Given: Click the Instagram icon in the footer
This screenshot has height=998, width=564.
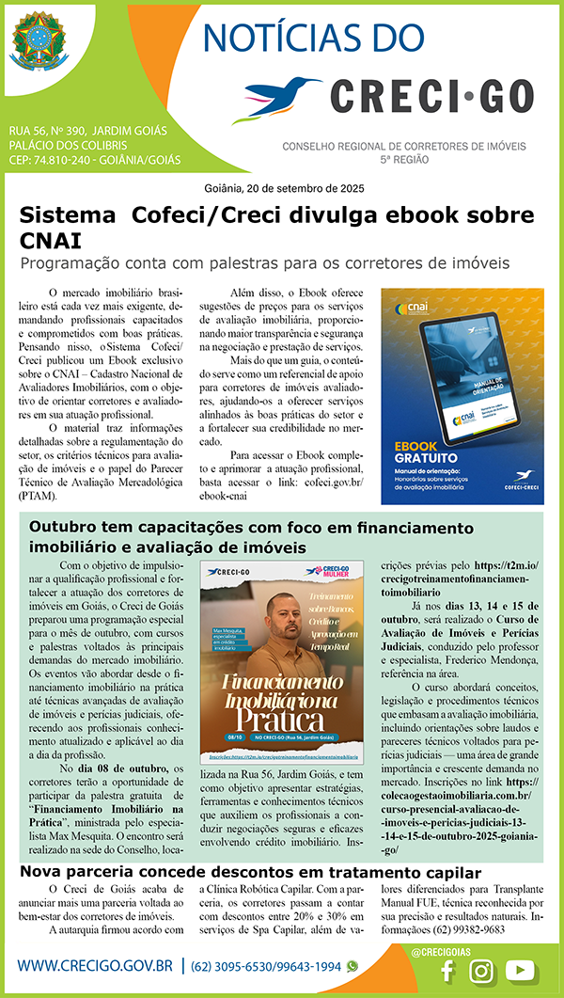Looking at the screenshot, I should click(x=482, y=972).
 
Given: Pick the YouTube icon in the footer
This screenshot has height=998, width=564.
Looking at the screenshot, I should click(x=520, y=972).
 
